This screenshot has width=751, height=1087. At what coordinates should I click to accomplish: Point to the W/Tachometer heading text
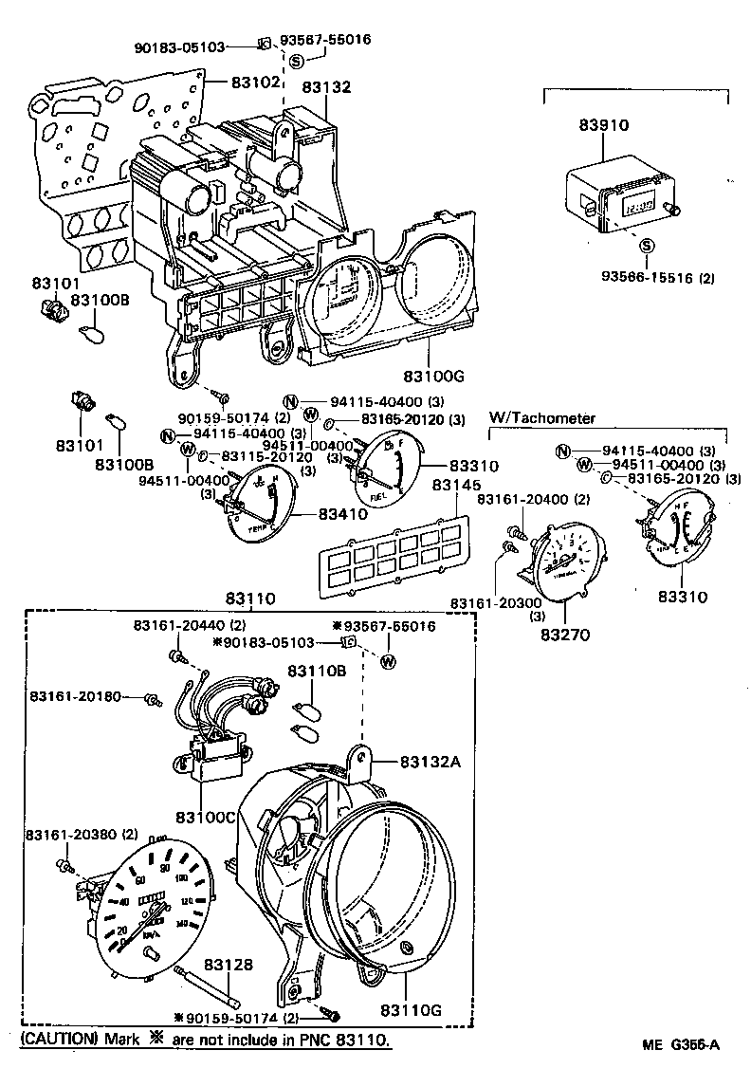click(541, 417)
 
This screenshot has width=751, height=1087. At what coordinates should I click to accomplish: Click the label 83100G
click(431, 376)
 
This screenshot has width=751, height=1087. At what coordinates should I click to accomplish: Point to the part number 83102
click(257, 83)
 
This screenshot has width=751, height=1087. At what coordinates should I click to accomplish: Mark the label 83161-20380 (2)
click(81, 835)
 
